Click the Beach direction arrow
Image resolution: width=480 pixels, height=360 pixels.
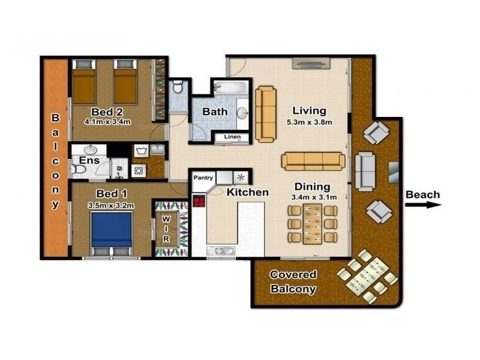423,205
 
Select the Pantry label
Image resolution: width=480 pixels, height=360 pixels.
202,178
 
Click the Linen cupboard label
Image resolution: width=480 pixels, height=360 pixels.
232,137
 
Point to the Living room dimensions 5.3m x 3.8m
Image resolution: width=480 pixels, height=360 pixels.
309,122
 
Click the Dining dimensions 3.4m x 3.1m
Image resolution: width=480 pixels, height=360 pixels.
314,196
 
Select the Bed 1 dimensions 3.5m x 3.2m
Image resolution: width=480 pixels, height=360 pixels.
111,205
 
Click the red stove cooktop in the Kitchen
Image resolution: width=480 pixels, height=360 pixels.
199,200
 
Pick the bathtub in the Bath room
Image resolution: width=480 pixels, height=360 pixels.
230,87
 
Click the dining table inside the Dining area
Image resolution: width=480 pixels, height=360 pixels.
312,224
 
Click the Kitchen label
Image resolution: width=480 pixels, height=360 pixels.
247,193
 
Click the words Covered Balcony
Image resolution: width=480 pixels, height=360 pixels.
293,282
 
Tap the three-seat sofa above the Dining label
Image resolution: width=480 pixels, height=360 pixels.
313,160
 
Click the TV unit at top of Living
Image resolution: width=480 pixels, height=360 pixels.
311,63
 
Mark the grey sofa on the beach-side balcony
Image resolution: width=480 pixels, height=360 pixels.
366,171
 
